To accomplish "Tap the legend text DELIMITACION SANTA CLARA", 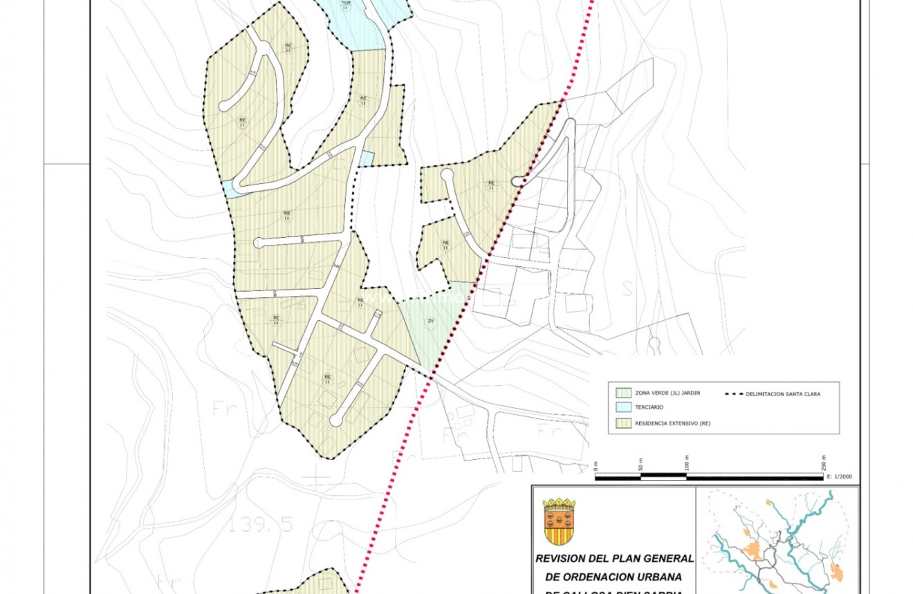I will [783, 394].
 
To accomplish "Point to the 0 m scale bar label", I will [596, 465].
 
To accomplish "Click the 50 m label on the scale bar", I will [641, 464].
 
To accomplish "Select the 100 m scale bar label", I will [687, 462].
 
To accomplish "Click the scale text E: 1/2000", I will [842, 477].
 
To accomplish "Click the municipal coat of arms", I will [559, 521].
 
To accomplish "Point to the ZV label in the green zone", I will [431, 321].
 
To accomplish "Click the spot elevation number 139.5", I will [261, 525].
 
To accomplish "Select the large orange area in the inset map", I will [753, 550].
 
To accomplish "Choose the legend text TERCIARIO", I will [649, 407].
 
